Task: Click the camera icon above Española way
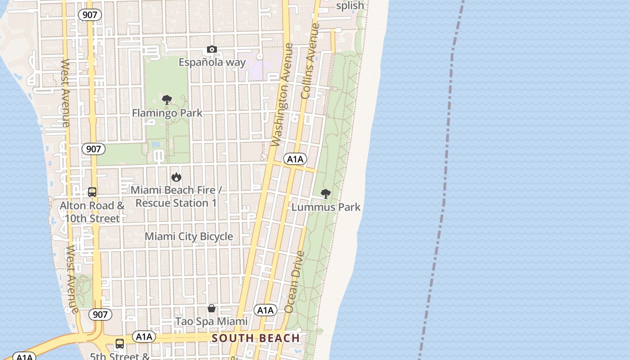click(212, 49)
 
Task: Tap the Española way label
click(212, 62)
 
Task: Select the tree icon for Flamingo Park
click(167, 100)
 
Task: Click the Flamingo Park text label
click(167, 113)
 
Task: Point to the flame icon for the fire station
click(176, 177)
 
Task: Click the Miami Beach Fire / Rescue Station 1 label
click(176, 197)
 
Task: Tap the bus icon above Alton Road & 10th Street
click(92, 192)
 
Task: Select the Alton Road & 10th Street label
click(92, 212)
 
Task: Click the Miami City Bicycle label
click(189, 237)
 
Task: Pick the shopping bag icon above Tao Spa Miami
click(211, 308)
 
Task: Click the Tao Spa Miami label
click(211, 321)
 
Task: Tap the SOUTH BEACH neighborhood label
click(256, 338)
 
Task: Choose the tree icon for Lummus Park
click(326, 194)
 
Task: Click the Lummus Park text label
click(326, 207)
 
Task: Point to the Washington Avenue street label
click(283, 95)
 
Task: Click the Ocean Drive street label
click(295, 282)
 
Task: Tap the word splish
click(350, 6)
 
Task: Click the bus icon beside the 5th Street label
click(120, 344)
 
